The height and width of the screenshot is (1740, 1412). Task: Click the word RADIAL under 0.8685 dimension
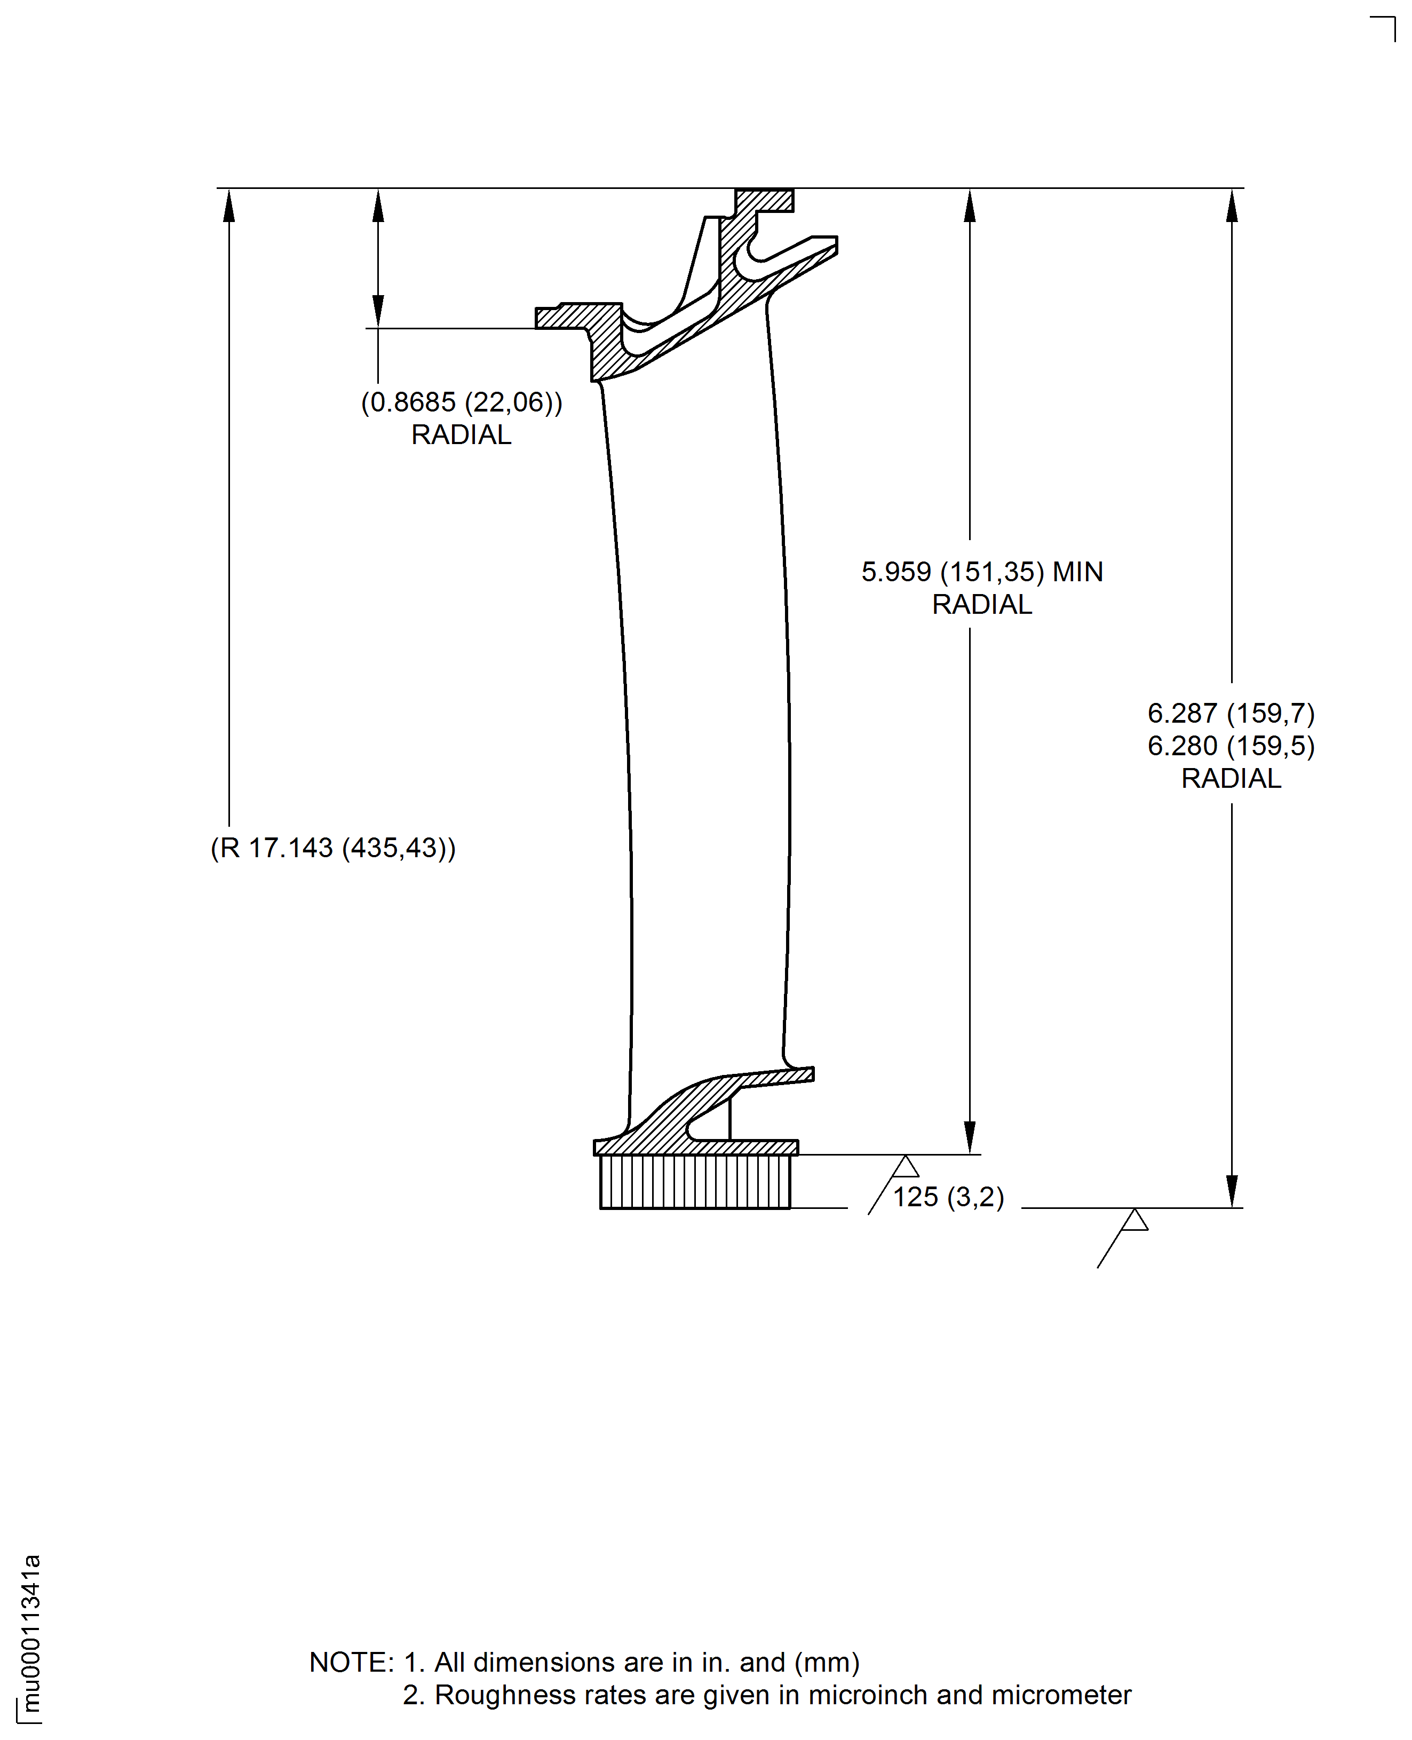pos(461,435)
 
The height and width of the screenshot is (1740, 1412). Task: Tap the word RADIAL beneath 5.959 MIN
pos(982,604)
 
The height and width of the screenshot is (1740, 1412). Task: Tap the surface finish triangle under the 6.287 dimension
pos(1134,1220)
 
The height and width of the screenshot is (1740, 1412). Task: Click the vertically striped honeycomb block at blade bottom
pos(695,1182)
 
